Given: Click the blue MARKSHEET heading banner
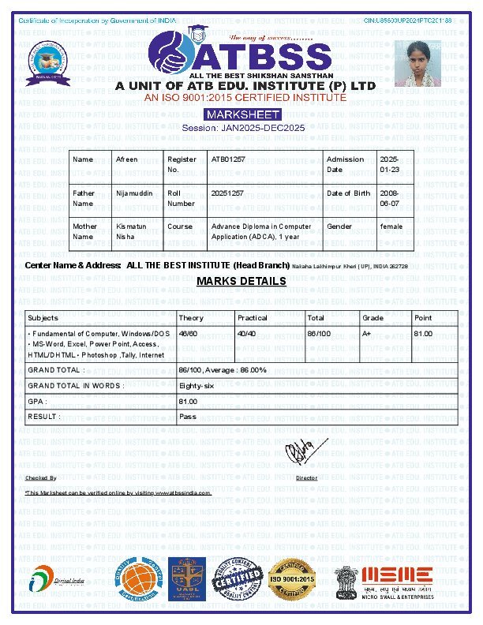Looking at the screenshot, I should (x=241, y=114).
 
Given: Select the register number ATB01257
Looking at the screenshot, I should (x=228, y=159).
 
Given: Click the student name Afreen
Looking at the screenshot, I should (x=126, y=159).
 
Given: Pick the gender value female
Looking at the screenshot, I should (x=391, y=226).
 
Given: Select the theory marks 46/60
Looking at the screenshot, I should (x=188, y=334).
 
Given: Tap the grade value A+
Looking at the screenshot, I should (x=367, y=334).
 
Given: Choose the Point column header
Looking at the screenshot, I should (x=423, y=318).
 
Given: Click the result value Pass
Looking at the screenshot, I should (x=188, y=416).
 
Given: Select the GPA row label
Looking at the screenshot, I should (x=37, y=401).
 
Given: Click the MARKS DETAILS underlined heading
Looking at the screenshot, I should (x=241, y=282).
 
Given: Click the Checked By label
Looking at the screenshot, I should (x=41, y=478).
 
